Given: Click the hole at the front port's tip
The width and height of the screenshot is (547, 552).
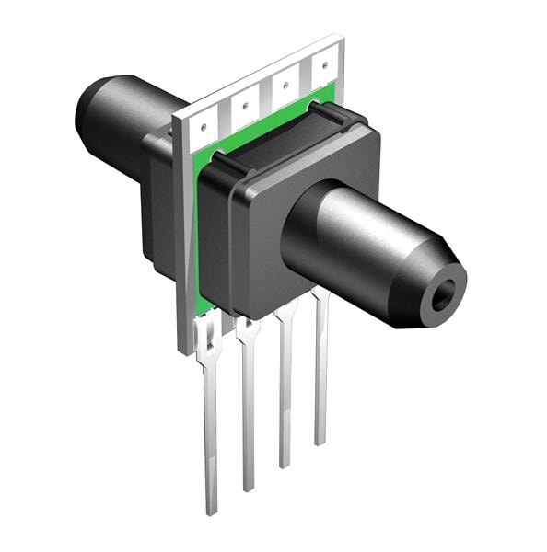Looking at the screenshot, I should tap(445, 295).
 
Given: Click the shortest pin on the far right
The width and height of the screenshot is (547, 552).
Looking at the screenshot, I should tap(320, 386).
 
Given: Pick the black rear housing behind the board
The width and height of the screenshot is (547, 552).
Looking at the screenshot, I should tap(157, 212).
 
